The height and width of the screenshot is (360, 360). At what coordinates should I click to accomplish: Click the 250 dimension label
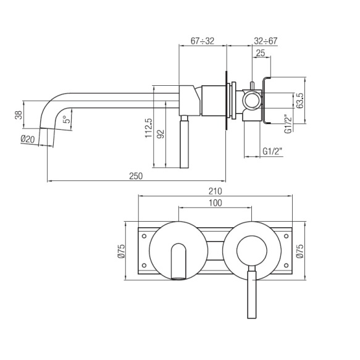(x=136, y=176)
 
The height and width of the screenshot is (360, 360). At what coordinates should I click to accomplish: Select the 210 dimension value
(x=215, y=191)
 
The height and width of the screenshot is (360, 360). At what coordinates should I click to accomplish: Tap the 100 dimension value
(x=216, y=203)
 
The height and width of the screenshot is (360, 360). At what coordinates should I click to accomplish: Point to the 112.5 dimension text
(x=149, y=128)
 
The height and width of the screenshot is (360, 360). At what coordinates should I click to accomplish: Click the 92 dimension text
(x=161, y=134)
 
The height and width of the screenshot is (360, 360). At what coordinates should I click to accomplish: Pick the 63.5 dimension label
(x=300, y=100)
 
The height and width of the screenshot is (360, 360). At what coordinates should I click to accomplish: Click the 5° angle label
(x=65, y=120)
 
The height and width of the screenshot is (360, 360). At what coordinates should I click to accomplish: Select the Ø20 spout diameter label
(x=28, y=139)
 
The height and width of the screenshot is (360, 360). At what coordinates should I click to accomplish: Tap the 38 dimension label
(x=19, y=115)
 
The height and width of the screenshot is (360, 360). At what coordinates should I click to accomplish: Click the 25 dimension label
(x=261, y=53)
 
